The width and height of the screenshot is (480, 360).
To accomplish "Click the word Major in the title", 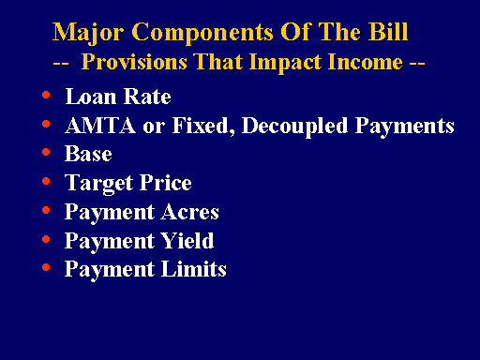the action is point(88,33).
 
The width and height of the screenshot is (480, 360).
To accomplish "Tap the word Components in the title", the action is point(202,33).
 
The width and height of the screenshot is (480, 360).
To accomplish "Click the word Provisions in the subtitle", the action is point(134,62).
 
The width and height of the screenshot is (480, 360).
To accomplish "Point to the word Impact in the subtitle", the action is point(285,63).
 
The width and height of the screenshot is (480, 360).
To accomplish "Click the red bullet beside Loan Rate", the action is point(46,95).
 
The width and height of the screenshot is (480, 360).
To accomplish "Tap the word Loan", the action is point(91,96).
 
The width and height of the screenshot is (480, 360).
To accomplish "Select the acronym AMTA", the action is point(100,125).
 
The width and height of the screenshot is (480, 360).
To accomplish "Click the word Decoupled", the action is point(294,127).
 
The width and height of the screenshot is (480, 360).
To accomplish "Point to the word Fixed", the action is point(203,126).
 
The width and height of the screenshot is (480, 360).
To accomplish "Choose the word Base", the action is point(88,154).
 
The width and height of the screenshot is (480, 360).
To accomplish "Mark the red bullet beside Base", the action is point(46,152).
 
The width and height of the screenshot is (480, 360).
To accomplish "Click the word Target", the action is point(98,184).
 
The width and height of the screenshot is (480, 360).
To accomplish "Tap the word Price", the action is point(165,182).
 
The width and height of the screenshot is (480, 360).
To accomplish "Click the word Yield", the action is point(187,240).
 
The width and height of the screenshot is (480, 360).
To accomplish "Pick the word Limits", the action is point(194,269).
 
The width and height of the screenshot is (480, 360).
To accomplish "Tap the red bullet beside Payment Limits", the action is point(46,267).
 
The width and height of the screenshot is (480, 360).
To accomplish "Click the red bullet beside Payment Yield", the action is point(46,239).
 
